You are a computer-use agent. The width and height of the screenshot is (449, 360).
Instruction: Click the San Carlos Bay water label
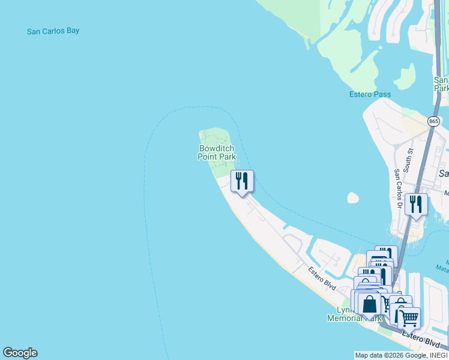coord(53,31)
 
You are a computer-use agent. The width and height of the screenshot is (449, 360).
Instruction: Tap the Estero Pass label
coord(370,94)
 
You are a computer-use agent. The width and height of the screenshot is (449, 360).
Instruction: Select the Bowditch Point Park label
coord(217,152)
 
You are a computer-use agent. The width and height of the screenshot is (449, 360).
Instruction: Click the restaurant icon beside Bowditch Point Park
coord(242,181)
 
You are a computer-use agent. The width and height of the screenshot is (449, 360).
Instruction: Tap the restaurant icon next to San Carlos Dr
coord(416,205)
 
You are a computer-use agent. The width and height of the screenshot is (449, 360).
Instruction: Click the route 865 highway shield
coord(434,121)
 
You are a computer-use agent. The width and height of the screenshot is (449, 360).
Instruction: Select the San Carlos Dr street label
coord(397,187)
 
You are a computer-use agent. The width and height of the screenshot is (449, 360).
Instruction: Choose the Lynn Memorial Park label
coord(354,314)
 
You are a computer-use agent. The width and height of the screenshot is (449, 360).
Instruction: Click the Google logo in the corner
coord(20,353)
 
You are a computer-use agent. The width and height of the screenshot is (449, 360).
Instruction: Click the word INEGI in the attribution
coord(439,355)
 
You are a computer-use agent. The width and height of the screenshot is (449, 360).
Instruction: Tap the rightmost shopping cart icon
coord(409,318)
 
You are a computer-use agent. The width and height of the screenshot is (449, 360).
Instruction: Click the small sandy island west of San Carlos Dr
coord(353,197)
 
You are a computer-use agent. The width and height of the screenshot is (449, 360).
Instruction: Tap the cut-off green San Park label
coord(441,84)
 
